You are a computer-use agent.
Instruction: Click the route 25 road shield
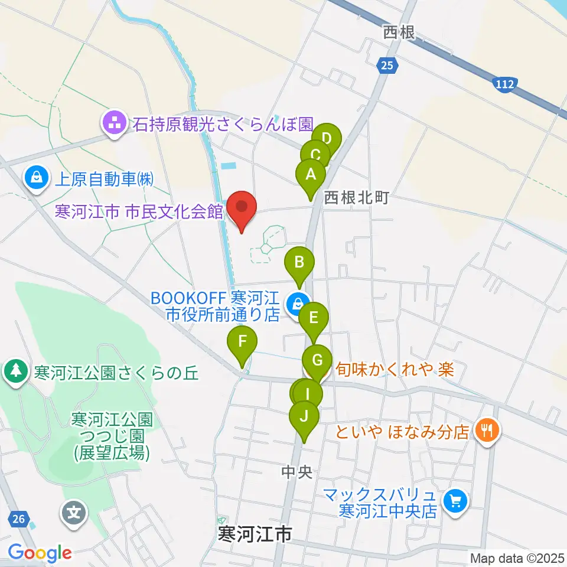coord(385,66)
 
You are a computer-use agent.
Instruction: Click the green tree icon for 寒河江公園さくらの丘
coord(16,372)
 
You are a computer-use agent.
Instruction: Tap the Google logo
coord(40,553)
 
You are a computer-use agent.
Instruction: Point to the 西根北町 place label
coord(356,197)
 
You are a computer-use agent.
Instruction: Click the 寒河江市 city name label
coord(254,535)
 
